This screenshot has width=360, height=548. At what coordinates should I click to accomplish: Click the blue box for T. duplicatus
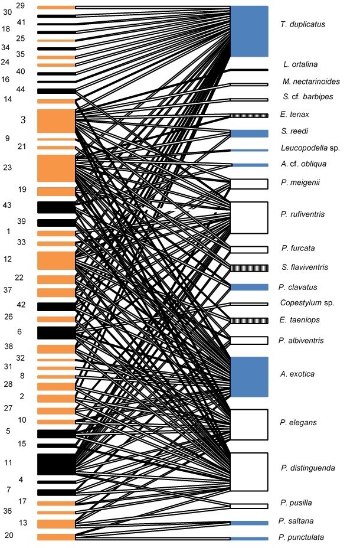click(x=249, y=31)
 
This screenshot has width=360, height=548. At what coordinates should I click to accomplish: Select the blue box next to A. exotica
click(x=249, y=376)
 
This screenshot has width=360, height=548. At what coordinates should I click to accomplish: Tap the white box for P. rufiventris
click(x=249, y=217)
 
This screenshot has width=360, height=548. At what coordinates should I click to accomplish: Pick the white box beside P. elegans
click(x=249, y=424)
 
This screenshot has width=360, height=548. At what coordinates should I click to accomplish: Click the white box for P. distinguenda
click(x=249, y=471)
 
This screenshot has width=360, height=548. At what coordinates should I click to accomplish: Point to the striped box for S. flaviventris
click(x=249, y=268)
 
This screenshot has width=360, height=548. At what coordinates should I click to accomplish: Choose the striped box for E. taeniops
click(x=249, y=321)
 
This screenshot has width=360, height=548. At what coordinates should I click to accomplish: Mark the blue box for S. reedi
click(x=249, y=133)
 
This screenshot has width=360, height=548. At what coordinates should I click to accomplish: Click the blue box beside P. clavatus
click(x=249, y=287)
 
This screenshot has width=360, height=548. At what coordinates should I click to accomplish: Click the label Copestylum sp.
click(x=307, y=303)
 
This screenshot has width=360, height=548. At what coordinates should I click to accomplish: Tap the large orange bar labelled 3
click(x=56, y=121)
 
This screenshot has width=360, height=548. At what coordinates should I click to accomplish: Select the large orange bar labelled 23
click(x=56, y=168)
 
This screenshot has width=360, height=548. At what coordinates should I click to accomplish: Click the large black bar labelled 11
click(x=56, y=464)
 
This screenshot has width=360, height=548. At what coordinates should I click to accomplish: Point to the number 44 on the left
click(x=21, y=89)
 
